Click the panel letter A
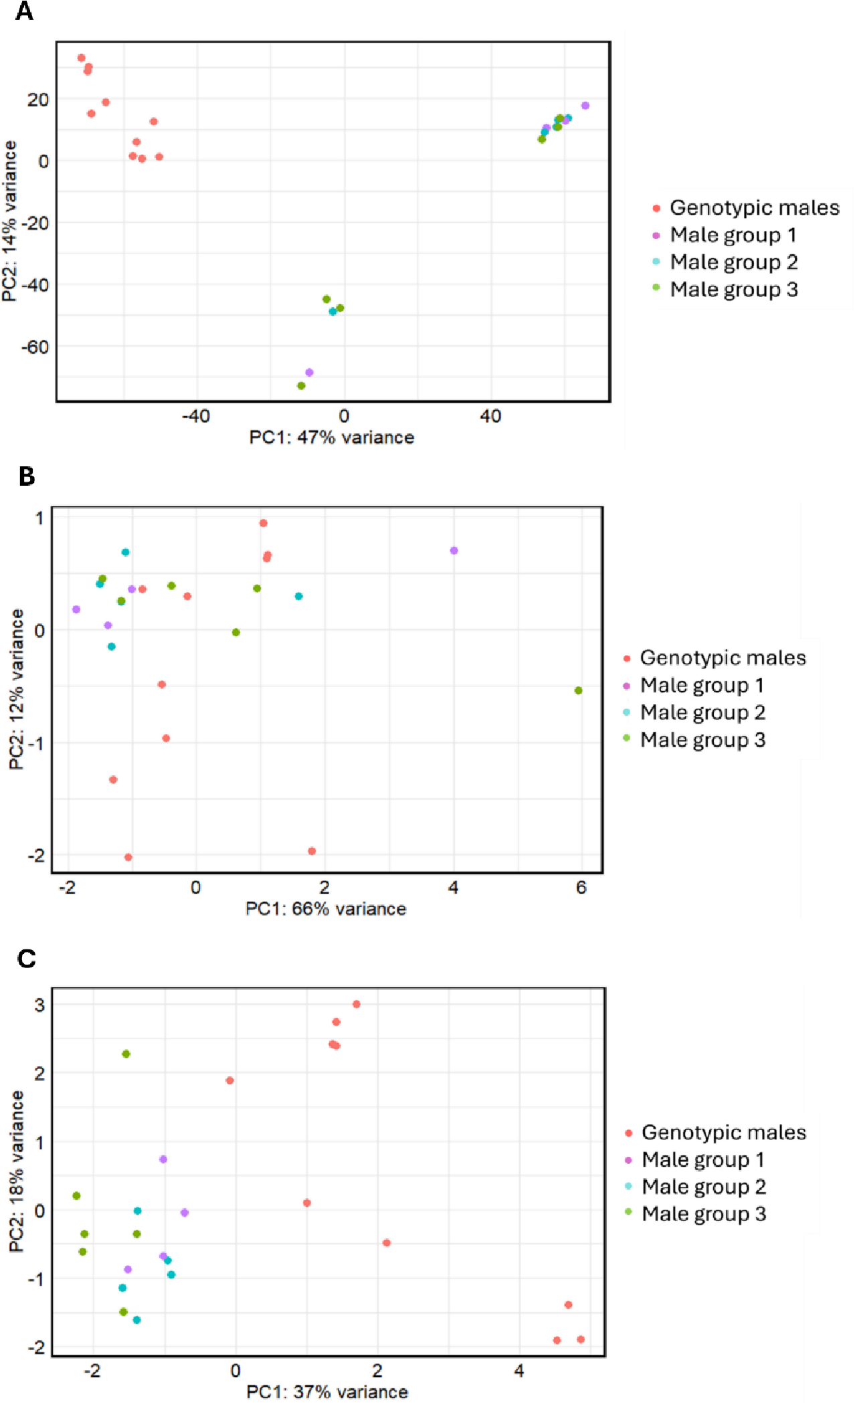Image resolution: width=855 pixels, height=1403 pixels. [x=24, y=11]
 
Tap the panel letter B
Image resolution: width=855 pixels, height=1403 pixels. [x=27, y=476]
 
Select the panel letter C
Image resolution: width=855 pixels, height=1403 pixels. [x=27, y=959]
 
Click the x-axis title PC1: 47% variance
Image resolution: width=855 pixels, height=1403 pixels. [x=332, y=438]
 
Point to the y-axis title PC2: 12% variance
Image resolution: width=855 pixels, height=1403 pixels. [x=16, y=689]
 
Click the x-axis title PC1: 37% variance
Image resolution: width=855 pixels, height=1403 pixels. [x=327, y=1392]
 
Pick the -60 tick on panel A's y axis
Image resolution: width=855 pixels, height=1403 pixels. [x=35, y=347]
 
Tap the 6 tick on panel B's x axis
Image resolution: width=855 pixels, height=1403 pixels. [x=581, y=888]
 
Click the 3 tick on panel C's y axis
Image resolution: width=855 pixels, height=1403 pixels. [x=39, y=1005]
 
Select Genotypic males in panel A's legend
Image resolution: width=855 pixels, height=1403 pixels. [x=754, y=208]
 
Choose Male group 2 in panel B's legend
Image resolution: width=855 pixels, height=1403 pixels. [x=702, y=713]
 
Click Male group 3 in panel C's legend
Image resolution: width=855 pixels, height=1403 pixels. [x=703, y=1214]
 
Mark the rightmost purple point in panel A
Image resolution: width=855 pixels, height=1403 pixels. [x=585, y=106]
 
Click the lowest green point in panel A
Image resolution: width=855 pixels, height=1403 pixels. [x=301, y=386]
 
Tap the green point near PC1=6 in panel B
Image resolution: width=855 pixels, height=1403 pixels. [x=579, y=690]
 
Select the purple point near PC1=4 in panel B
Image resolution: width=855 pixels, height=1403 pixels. [x=454, y=551]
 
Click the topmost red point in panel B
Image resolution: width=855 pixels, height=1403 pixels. [x=264, y=523]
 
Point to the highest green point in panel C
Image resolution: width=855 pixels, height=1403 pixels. [x=126, y=1054]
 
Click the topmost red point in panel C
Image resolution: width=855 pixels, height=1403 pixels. [x=357, y=1004]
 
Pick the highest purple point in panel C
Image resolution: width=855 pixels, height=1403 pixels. [x=163, y=1159]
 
